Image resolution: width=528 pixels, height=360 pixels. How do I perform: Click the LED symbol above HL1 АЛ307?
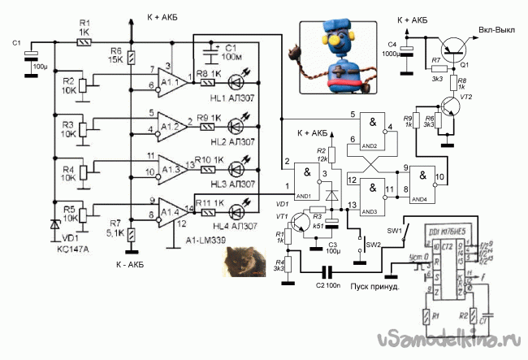236,80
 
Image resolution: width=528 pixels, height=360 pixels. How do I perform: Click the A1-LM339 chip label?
207,242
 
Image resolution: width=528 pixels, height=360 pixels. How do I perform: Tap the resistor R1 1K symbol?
82,39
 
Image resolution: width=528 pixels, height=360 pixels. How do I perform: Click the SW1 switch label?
395,231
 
